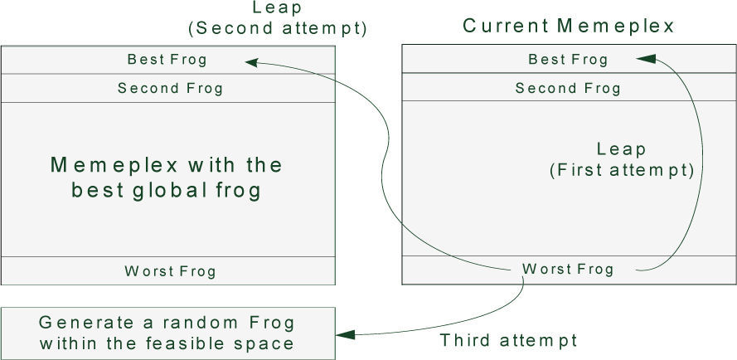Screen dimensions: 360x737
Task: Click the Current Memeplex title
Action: tap(569, 26)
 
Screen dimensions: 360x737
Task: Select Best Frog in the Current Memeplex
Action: tap(568, 60)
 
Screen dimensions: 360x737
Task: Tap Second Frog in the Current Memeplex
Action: tap(568, 88)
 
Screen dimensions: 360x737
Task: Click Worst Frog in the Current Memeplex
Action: tap(568, 269)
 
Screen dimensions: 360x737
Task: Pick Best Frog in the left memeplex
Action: tap(167, 60)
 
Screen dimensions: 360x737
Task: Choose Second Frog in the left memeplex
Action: tap(170, 88)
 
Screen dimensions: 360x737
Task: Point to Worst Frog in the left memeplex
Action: tap(170, 270)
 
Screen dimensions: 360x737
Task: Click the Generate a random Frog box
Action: tap(168, 333)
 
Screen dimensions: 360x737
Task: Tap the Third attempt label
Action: tap(508, 340)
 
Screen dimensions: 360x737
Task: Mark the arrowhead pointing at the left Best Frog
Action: tap(251, 61)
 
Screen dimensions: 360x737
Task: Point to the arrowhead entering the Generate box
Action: tap(345, 334)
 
